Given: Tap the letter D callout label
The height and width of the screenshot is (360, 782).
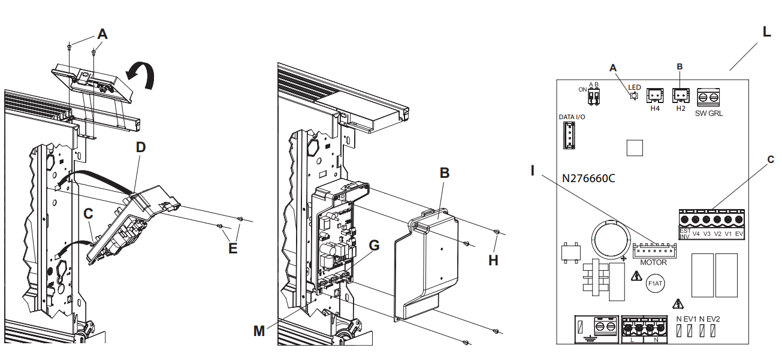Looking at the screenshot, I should (x=141, y=147).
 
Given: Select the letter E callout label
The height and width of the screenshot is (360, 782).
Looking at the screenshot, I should (x=233, y=247).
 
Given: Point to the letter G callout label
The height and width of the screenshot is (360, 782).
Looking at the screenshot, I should (x=374, y=246).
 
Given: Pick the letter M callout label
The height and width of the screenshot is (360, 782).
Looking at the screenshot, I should (x=259, y=331).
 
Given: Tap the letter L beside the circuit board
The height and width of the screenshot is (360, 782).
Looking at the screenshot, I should (x=767, y=32).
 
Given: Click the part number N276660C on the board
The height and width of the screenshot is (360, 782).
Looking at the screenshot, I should (x=589, y=179).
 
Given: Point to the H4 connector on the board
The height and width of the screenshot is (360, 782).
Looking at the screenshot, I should (x=654, y=95).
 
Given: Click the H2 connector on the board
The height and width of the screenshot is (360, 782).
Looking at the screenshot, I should (x=680, y=95).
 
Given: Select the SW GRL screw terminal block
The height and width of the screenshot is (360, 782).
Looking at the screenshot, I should (x=708, y=97).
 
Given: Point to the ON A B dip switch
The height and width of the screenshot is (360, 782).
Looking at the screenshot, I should (x=594, y=96).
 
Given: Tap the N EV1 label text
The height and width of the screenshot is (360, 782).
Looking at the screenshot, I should (x=687, y=319).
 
